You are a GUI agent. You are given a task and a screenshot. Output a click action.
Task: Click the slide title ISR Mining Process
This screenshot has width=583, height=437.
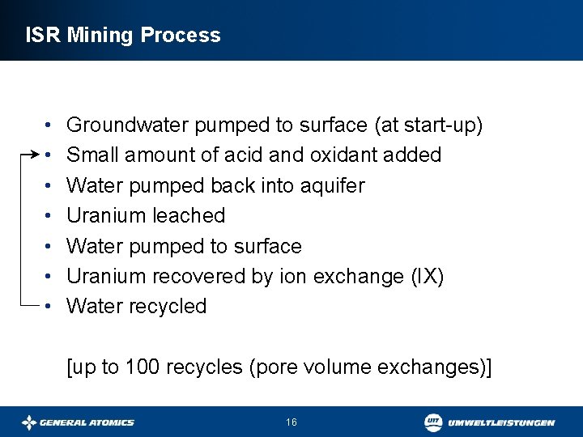click(123, 36)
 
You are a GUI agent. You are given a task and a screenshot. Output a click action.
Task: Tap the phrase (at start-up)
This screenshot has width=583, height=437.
click(428, 125)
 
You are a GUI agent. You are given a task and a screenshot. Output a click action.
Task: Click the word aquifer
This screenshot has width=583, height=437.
click(334, 186)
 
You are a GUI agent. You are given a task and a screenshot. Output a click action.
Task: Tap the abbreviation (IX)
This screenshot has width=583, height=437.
click(426, 277)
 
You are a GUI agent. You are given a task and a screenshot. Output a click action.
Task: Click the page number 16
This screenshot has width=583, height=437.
click(291, 422)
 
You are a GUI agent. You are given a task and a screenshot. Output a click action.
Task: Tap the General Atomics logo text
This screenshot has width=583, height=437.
click(87, 422)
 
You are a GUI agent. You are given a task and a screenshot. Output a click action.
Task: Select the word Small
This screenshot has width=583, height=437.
click(90, 155)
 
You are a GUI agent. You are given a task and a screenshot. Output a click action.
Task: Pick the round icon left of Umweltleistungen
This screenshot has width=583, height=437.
click(434, 422)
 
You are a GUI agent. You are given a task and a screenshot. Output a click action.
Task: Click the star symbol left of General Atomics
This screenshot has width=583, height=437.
click(29, 422)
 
